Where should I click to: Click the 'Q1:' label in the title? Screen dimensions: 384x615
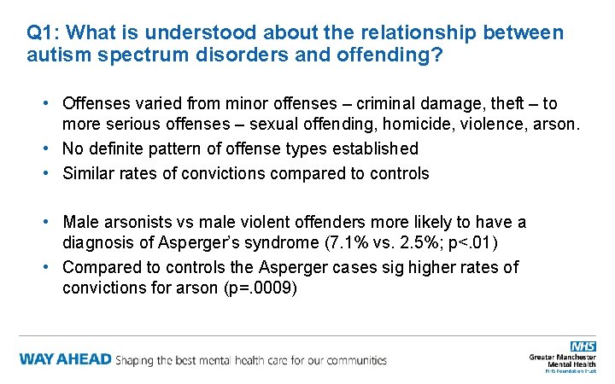click(x=42, y=33)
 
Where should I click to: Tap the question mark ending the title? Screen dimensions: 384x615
click(x=438, y=56)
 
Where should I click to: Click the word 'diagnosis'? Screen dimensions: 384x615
click(x=97, y=245)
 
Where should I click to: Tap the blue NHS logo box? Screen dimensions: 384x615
click(x=583, y=346)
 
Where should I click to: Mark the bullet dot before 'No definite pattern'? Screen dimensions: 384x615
click(x=49, y=149)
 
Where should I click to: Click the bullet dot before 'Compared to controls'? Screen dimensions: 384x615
click(x=49, y=267)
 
